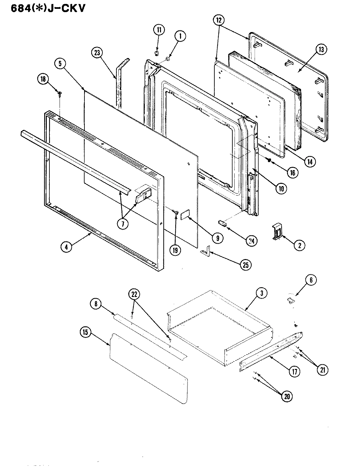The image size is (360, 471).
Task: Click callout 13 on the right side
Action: (321, 49)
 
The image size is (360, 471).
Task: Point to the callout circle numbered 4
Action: (66, 247)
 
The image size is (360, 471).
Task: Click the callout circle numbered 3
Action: (261, 293)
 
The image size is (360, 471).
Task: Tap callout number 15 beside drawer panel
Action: (86, 332)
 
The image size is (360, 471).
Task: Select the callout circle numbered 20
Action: (286, 396)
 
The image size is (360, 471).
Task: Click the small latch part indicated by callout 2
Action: (277, 232)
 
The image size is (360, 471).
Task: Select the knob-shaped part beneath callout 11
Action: (157, 52)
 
